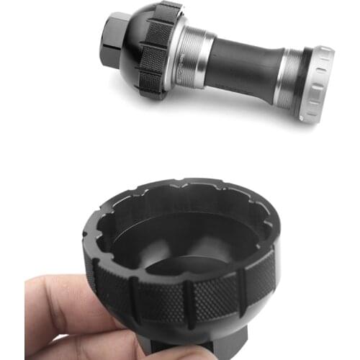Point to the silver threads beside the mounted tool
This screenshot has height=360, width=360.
tap(189, 58)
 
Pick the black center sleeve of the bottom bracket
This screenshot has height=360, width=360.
tap(241, 72)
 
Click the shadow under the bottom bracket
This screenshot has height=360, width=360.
tap(238, 108)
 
